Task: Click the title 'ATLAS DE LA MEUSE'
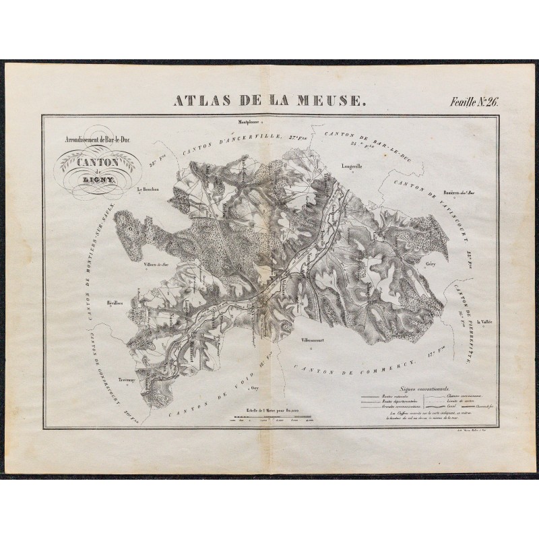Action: click(x=269, y=102)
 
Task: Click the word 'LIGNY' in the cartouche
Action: click(x=99, y=181)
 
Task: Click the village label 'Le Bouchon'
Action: click(x=147, y=190)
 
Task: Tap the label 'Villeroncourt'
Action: click(x=313, y=340)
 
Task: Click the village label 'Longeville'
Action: click(x=352, y=165)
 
